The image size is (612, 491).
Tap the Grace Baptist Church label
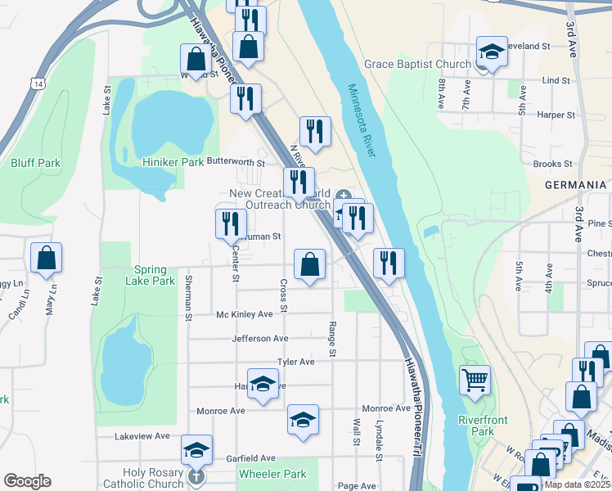(417, 65)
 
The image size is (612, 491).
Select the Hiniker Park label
(173, 162)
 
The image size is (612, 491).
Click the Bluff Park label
(36, 163)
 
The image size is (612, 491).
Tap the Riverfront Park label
(483, 426)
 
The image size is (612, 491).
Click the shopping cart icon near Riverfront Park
(475, 380)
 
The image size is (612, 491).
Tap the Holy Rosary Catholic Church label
(153, 478)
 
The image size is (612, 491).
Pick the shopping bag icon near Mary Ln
(47, 257)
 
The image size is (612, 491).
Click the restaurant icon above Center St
(231, 223)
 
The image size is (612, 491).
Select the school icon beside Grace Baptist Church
(491, 52)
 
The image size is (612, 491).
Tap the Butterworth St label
(236, 162)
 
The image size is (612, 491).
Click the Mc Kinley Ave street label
(244, 314)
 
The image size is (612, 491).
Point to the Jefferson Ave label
(260, 338)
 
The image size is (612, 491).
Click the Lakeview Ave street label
(142, 436)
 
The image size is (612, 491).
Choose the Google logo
(28, 481)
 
